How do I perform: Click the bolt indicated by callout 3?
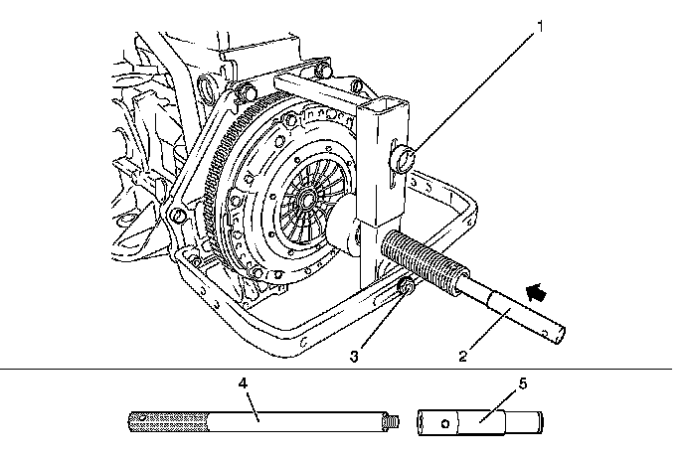(407, 288)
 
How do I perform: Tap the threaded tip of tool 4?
(391, 421)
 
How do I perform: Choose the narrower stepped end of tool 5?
(526, 421)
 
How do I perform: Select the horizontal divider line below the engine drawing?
(342, 370)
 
